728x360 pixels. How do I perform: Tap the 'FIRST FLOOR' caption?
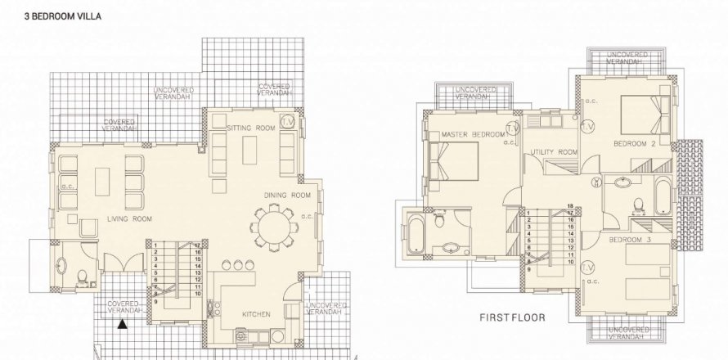coord(511,316)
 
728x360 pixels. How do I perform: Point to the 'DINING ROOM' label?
coord(287,195)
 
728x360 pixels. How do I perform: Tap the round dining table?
coord(271,228)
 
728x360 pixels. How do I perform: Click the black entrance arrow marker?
coord(122,325)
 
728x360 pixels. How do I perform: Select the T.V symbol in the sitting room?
coord(287,121)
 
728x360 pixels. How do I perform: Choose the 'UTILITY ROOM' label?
coord(554,152)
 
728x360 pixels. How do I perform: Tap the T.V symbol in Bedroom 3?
coord(586,266)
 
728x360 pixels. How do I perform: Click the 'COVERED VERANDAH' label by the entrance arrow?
coord(124,307)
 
